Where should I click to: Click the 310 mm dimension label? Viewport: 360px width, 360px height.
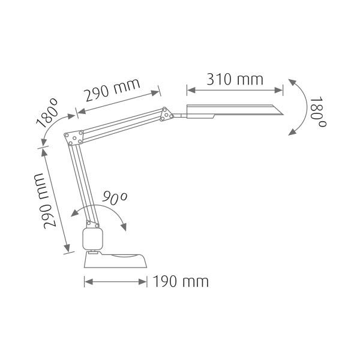pos(235,79)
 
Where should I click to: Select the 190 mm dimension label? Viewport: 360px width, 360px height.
pos(181,281)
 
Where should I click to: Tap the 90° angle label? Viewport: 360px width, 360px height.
pos(114,197)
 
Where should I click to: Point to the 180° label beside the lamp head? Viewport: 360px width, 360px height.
pos(317,112)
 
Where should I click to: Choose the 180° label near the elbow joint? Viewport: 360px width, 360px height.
pos(47,113)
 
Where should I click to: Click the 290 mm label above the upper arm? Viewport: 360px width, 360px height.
pos(113,90)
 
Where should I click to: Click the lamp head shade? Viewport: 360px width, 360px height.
pos(235,112)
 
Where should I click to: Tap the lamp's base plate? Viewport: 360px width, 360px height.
pos(115,260)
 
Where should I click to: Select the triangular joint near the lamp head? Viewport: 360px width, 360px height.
pos(166,114)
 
